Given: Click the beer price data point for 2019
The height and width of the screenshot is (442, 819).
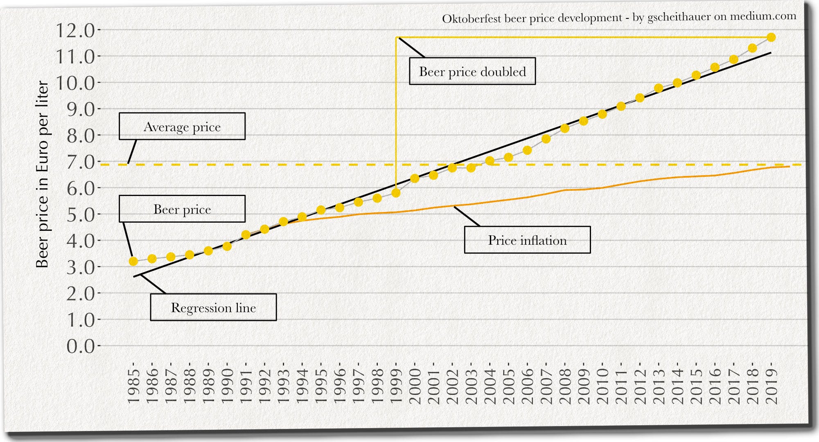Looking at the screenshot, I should [771, 37].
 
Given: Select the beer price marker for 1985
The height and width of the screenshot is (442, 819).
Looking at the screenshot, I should [133, 261].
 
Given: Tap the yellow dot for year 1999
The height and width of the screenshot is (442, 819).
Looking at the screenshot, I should [396, 193].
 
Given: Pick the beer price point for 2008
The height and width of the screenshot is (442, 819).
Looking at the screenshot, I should [565, 129].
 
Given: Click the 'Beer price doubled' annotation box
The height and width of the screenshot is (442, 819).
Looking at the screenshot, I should [472, 72].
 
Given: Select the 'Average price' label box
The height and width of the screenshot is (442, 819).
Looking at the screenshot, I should [182, 126].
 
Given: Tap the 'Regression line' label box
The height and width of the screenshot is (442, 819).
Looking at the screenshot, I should [213, 307].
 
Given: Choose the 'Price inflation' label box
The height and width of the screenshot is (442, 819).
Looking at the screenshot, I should [527, 240].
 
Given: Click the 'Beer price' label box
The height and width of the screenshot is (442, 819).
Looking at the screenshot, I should [182, 209].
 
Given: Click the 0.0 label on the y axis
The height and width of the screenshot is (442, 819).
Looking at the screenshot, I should [80, 346].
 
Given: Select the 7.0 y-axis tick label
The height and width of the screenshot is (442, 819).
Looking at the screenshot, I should [80, 162].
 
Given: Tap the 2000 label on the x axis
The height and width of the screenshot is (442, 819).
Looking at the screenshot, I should [415, 386].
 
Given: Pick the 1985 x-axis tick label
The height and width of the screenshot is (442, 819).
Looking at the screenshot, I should [133, 386].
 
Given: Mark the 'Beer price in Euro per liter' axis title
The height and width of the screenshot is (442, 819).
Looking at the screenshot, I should [42, 174].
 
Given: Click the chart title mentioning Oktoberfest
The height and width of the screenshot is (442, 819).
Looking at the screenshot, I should [619, 18].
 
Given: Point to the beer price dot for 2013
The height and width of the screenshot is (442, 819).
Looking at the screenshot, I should [659, 88].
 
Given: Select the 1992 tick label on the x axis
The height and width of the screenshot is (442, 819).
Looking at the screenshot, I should [265, 386].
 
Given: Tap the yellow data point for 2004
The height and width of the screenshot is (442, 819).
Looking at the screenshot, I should [490, 161].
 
